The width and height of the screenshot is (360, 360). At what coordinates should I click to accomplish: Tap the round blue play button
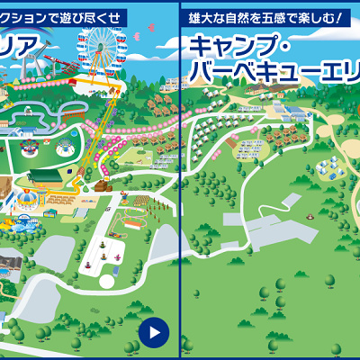point(154,332)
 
